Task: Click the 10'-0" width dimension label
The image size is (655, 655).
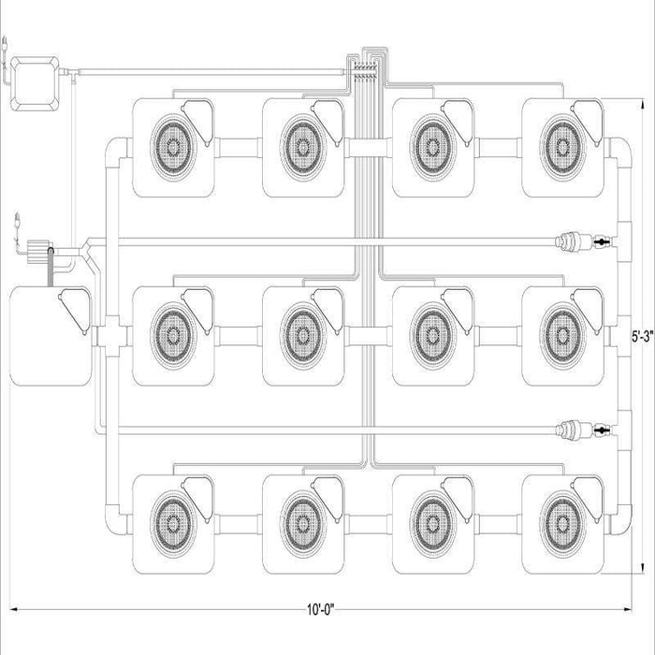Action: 321,610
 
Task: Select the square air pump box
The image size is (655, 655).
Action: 35,83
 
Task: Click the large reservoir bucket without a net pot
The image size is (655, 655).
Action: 51,336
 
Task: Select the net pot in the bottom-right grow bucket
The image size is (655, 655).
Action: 562,523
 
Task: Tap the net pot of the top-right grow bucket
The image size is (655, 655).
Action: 562,147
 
